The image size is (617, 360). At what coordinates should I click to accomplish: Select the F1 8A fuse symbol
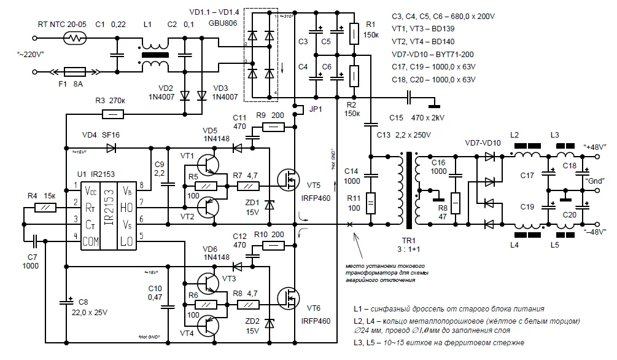78,71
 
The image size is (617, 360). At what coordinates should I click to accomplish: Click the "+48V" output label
594,146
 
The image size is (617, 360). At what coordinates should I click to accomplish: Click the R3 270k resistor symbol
109,114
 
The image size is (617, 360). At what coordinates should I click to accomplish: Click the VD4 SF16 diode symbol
111,147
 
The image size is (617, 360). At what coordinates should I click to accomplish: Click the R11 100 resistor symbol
371,203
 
